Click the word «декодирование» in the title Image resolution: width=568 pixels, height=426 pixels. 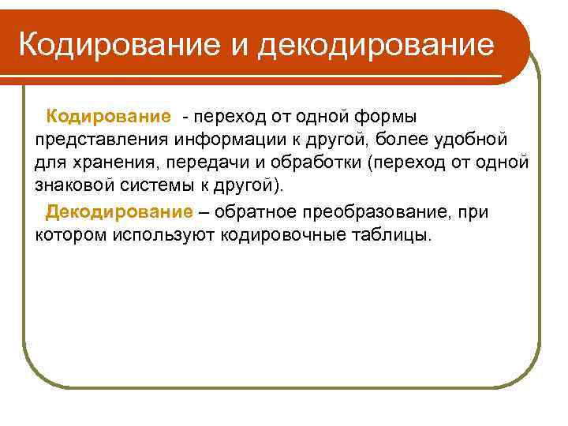tap(376, 44)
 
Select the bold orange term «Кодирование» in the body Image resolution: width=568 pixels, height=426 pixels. tap(108, 116)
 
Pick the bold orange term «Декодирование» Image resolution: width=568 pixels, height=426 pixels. tap(118, 211)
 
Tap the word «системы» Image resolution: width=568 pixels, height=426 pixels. tap(161, 188)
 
